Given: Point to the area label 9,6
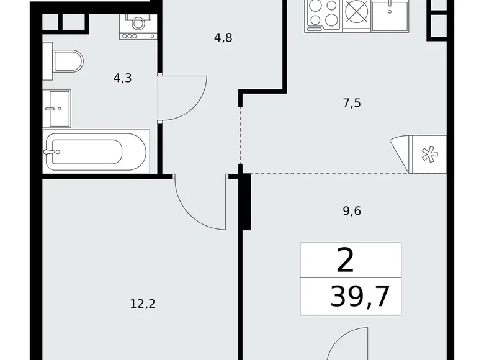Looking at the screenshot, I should coord(351,210).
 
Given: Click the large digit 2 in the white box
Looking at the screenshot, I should coord(346,261).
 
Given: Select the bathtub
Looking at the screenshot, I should coord(96,150).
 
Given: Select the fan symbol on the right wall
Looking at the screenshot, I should coord(428,154).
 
